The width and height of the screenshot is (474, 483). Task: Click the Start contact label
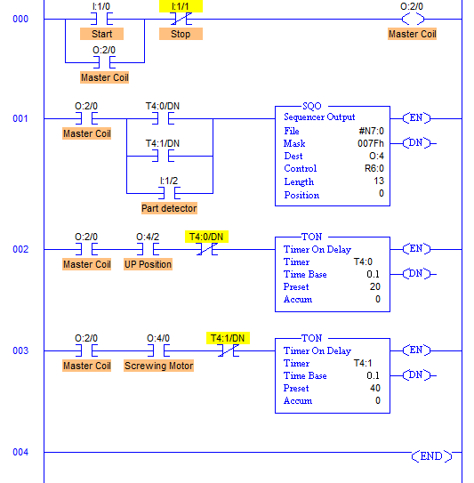coord(101,34)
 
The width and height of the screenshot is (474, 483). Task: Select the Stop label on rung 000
coord(181,34)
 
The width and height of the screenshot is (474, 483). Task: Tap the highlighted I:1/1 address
coord(181,6)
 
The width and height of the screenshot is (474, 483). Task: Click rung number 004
coord(20,452)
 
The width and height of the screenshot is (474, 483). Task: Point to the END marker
coord(431,456)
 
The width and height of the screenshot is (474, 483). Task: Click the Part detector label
coord(169,208)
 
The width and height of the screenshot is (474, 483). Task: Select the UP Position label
coord(148,264)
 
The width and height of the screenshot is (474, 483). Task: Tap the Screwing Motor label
coord(158,366)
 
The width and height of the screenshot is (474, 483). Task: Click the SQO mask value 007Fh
coord(371,143)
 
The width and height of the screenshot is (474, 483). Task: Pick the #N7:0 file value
coord(372,132)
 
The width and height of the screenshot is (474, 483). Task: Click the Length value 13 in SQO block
coord(379,181)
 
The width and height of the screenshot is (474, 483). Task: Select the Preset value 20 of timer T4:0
coord(375,286)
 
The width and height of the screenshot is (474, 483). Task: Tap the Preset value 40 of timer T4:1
coord(375,388)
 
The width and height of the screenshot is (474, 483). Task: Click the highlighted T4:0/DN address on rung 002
coord(206,237)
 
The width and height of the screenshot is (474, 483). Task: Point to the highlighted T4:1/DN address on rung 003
coord(228,338)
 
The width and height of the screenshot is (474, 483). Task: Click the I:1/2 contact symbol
coord(169,193)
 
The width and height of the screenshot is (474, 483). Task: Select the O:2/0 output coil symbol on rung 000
coord(413,19)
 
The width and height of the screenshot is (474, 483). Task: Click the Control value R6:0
coord(374,168)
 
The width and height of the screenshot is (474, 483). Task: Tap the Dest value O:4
coord(376,157)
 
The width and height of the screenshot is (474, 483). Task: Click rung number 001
coord(20,118)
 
